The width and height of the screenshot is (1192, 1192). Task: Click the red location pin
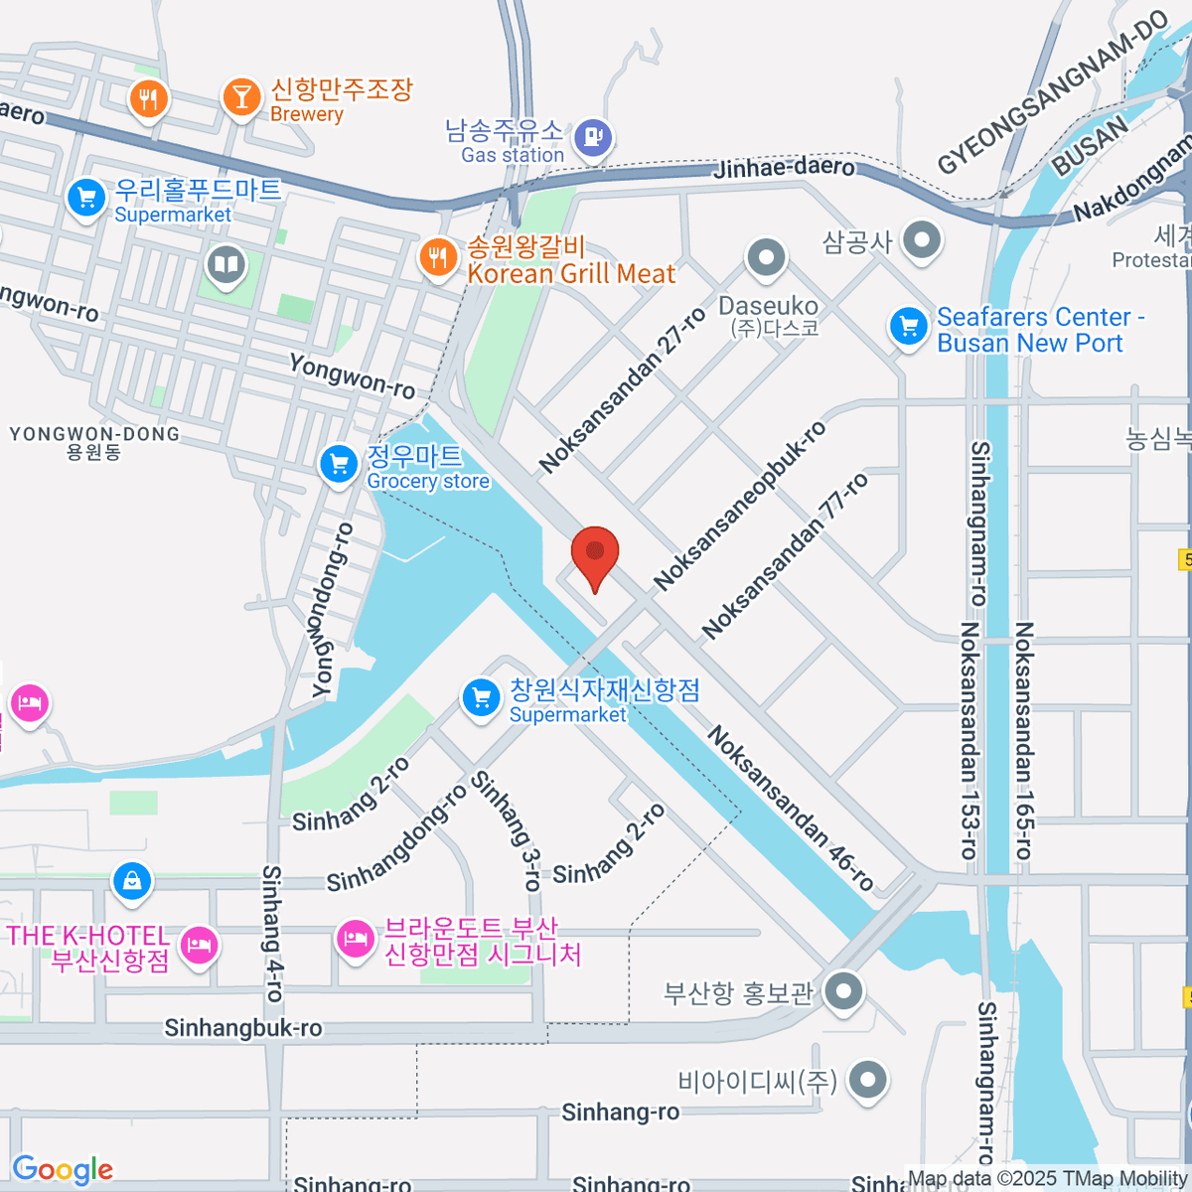(595, 552)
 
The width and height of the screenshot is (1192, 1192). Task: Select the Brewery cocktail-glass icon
(239, 97)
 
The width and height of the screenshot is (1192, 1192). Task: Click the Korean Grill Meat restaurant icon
(437, 258)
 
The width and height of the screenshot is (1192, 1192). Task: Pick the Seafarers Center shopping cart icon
(908, 327)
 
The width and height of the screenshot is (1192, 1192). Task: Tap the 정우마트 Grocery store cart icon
(339, 463)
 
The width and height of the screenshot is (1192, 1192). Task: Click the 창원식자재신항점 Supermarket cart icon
(482, 696)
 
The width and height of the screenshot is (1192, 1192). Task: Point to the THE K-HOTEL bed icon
(201, 943)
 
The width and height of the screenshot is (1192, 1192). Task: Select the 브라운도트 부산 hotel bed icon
(355, 937)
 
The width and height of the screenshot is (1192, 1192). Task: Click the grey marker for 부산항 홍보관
(844, 990)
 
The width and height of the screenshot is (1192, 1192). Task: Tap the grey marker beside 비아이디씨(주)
(868, 1079)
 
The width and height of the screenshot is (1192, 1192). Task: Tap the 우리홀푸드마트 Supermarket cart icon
(86, 198)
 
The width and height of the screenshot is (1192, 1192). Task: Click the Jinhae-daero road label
(784, 167)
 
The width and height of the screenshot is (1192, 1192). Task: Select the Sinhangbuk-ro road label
(243, 1028)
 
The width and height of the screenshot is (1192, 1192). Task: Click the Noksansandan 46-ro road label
(791, 808)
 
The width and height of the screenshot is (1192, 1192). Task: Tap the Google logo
(63, 1170)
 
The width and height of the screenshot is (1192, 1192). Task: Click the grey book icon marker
(226, 265)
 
